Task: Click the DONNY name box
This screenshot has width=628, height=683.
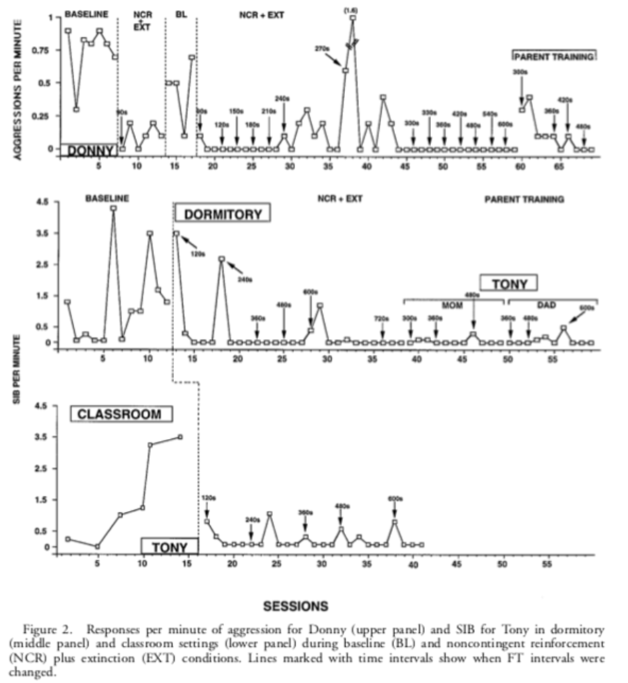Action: click(x=90, y=151)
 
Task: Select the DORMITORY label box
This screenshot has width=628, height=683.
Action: click(x=223, y=213)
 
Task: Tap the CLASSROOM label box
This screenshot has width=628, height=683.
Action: click(x=120, y=414)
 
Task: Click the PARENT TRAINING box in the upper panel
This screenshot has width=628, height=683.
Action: click(x=553, y=57)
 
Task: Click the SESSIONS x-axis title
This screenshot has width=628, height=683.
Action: click(x=296, y=606)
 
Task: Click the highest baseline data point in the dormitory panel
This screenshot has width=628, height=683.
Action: click(x=113, y=208)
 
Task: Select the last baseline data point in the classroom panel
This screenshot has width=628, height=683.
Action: click(x=180, y=437)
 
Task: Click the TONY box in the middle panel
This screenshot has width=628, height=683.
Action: click(x=510, y=283)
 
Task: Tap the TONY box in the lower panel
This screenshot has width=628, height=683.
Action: click(x=170, y=547)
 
